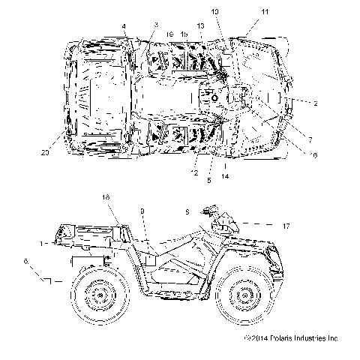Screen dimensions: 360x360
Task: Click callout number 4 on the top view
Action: coord(124,27)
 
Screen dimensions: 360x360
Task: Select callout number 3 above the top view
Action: coord(155,25)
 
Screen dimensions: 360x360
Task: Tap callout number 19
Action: coord(169,34)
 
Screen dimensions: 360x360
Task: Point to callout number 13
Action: coord(200,26)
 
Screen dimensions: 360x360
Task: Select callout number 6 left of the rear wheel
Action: coord(27,262)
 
